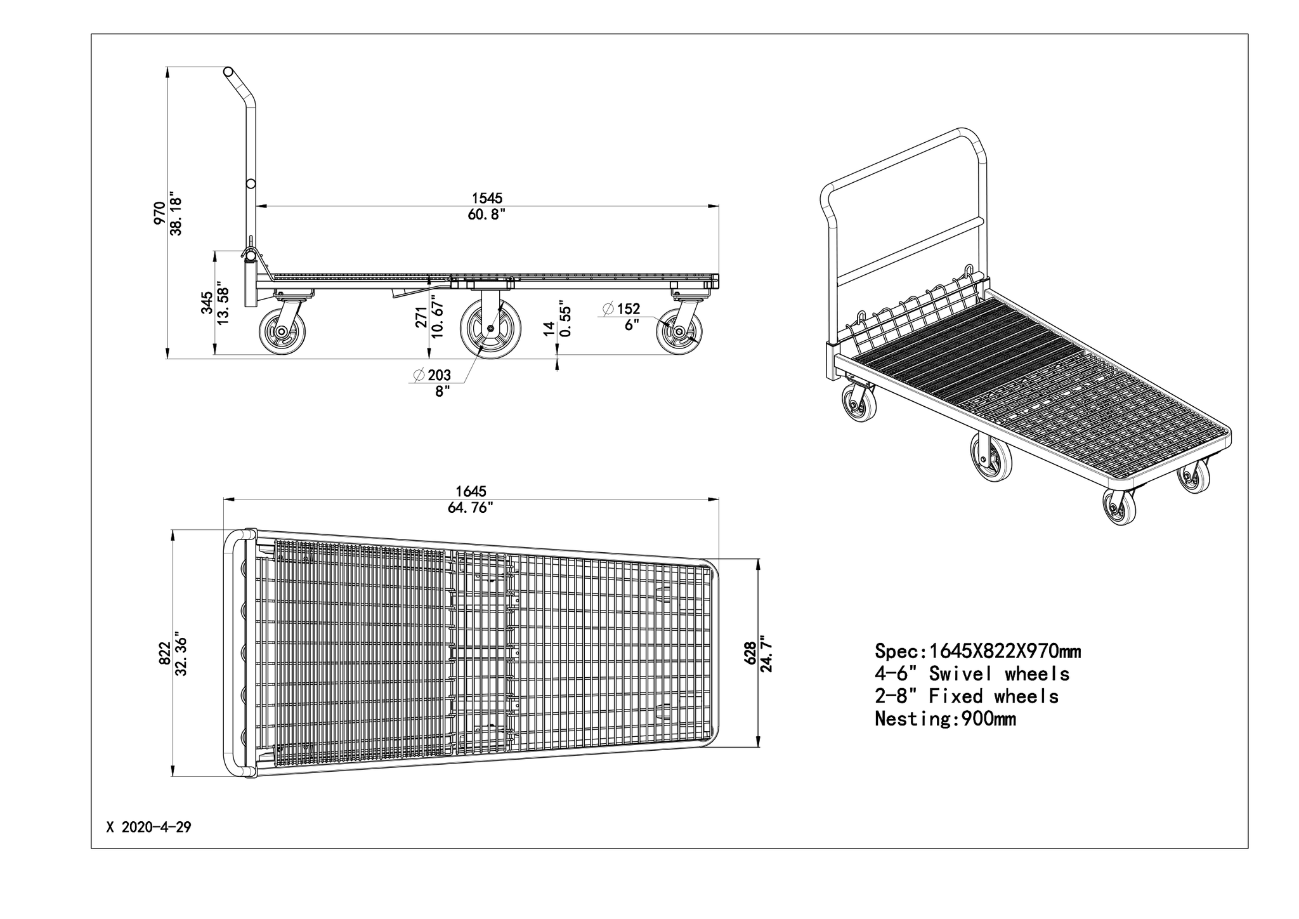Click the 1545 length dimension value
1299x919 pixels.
(487, 199)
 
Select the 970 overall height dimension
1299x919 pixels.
(159, 214)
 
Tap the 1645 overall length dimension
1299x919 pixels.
(471, 491)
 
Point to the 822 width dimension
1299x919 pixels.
(164, 653)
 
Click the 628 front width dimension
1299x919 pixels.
(750, 653)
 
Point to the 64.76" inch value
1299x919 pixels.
(471, 508)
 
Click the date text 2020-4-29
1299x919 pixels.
(156, 828)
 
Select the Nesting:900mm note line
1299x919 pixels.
(945, 718)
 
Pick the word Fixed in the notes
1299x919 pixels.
(956, 696)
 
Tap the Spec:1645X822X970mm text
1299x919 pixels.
(978, 651)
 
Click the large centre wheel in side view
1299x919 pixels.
(490, 327)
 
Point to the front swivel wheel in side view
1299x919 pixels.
(679, 331)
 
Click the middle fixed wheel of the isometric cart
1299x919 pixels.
(991, 457)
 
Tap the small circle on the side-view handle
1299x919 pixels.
(251, 183)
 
